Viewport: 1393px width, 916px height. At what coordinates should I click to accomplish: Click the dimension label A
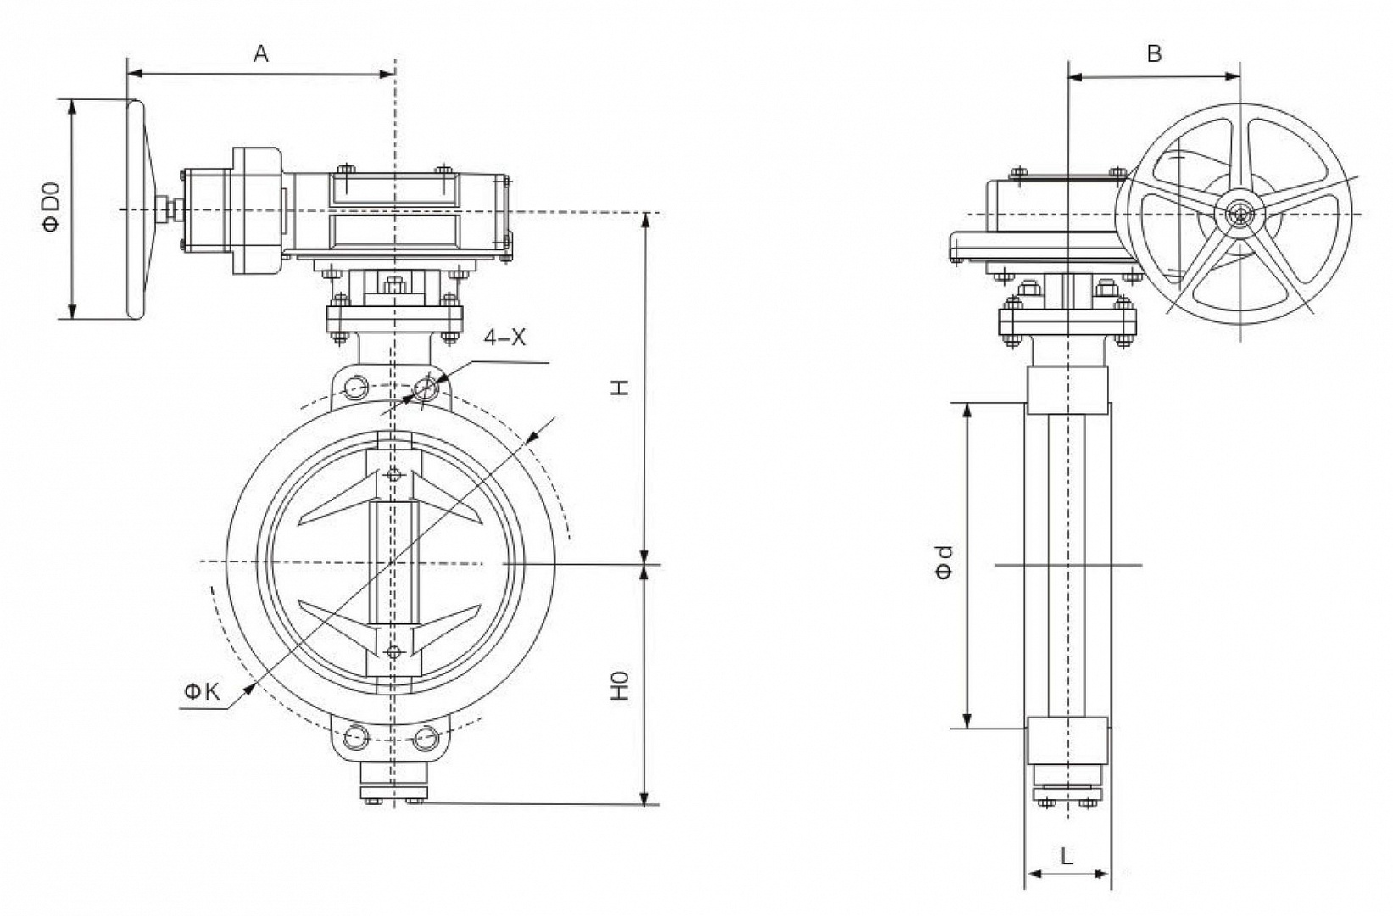pyautogui.click(x=261, y=54)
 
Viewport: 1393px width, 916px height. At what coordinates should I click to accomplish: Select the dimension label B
pyautogui.click(x=1153, y=53)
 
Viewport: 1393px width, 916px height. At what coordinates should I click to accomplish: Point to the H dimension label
pyautogui.click(x=621, y=387)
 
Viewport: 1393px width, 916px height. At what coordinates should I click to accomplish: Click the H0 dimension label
pyautogui.click(x=621, y=685)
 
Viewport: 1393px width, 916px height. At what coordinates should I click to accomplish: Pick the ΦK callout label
pyautogui.click(x=201, y=692)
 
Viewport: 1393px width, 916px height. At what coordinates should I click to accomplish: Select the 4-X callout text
pyautogui.click(x=504, y=338)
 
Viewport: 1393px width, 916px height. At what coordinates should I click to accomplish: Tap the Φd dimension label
pyautogui.click(x=944, y=561)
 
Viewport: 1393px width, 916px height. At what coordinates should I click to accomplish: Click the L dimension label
pyautogui.click(x=1067, y=856)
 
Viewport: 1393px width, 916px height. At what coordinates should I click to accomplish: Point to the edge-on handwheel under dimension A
pyautogui.click(x=136, y=210)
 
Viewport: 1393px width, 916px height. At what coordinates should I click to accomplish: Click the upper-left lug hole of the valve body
pyautogui.click(x=355, y=388)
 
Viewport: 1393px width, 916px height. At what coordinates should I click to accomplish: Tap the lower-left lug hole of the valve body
pyautogui.click(x=356, y=736)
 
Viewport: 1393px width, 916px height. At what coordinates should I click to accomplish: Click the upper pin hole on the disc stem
pyautogui.click(x=393, y=474)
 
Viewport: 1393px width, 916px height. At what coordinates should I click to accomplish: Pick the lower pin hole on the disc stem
pyautogui.click(x=393, y=651)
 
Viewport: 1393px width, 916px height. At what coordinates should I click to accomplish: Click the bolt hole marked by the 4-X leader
pyautogui.click(x=426, y=388)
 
